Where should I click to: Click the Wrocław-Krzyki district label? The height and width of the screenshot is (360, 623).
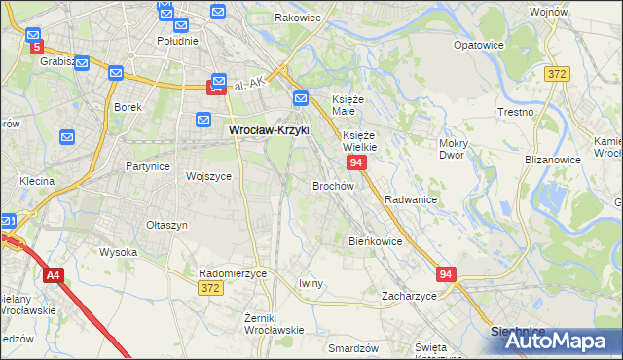269,127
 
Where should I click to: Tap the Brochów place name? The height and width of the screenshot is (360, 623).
332,185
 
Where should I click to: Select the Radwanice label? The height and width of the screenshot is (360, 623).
410,198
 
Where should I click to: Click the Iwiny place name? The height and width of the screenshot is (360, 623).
311,283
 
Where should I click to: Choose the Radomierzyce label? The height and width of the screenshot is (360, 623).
232,273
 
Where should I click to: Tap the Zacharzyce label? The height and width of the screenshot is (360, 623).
409,295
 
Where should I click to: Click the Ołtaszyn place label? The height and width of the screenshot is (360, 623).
166,225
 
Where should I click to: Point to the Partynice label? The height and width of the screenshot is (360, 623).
148,166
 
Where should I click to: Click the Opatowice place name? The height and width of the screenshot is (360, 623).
479,45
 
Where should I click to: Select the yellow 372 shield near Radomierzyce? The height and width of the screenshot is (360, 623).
209,288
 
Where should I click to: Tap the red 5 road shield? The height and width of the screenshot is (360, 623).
37,46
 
